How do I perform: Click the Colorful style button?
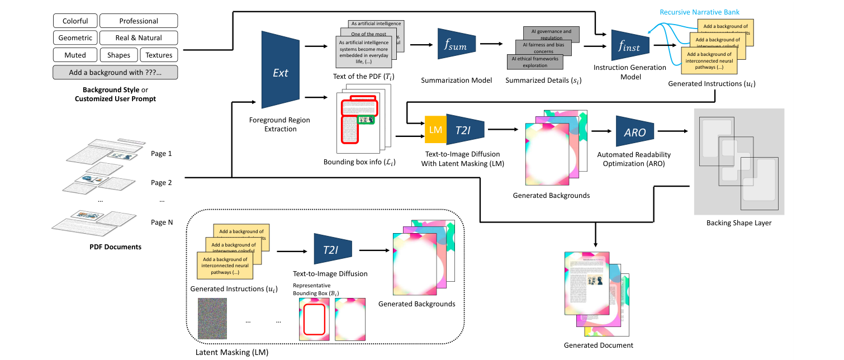point(75,21)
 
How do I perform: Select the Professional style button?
point(139,21)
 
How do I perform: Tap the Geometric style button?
point(75,38)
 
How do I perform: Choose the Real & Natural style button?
point(139,38)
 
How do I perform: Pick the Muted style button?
point(75,55)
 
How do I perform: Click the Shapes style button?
point(118,55)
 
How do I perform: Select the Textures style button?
point(159,55)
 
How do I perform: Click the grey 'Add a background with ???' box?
point(115,72)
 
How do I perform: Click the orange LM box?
point(435,130)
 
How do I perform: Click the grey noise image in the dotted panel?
point(212,317)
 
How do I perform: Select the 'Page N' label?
point(162,222)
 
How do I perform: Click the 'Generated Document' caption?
point(599,345)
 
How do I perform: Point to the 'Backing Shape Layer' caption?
point(738,224)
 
